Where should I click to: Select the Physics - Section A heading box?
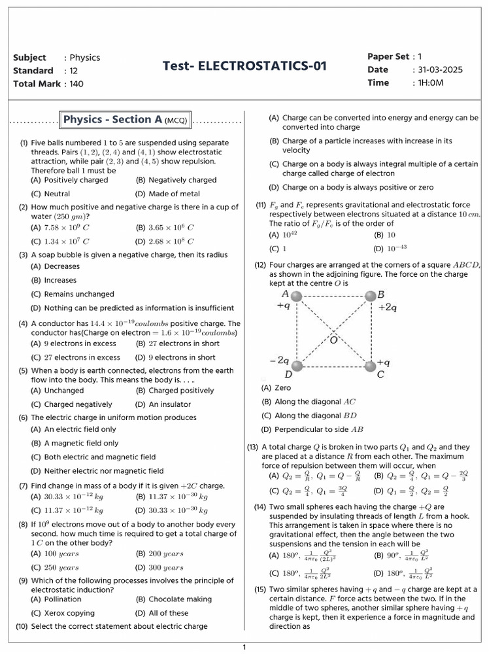(x=125, y=120)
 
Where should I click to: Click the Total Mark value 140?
(x=76, y=84)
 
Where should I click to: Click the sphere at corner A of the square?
(x=296, y=296)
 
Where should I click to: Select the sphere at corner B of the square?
(x=371, y=296)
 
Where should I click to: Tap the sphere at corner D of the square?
(x=297, y=366)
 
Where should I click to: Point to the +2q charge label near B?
(x=388, y=308)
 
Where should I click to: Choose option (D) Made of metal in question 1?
(x=168, y=194)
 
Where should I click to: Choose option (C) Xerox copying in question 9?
(x=63, y=613)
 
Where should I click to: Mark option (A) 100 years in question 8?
(x=55, y=554)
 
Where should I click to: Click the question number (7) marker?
(x=23, y=485)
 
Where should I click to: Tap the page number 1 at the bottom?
(x=244, y=648)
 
